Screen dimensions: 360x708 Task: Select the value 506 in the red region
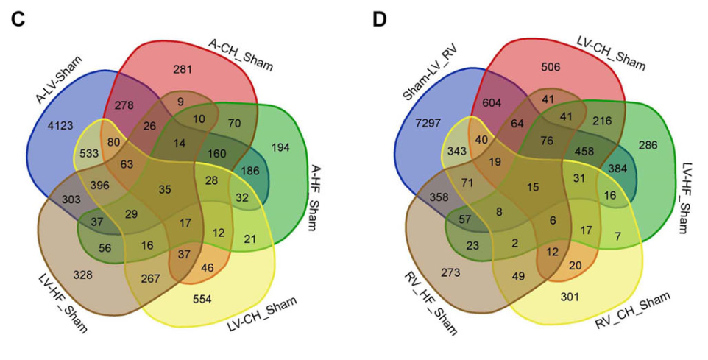coord(551,67)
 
